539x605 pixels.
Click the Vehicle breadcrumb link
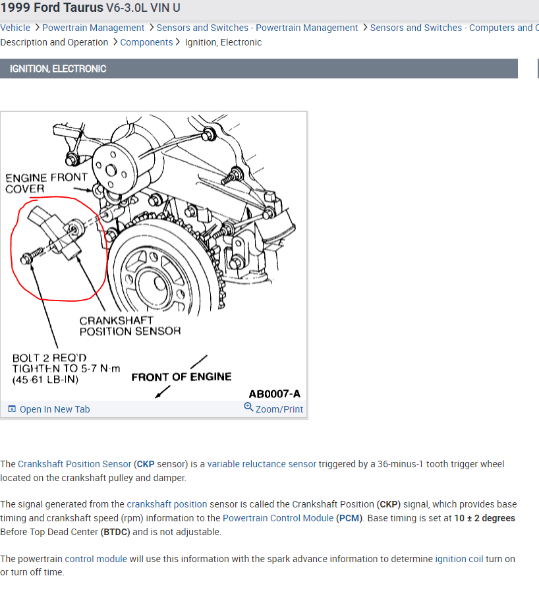point(15,28)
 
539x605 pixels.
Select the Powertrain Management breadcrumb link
point(93,28)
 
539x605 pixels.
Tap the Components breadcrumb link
point(146,42)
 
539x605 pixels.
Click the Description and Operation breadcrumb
point(54,42)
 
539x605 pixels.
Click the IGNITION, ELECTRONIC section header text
point(58,69)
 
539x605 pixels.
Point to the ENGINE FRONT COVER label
point(46,183)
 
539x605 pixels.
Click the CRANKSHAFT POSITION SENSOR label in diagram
point(130,326)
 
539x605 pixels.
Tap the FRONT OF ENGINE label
point(181,377)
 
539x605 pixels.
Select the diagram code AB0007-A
point(274,394)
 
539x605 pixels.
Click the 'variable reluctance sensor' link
point(262,464)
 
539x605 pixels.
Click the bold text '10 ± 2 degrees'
point(484,518)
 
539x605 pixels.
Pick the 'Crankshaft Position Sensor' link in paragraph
point(74,464)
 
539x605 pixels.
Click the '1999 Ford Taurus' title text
point(51,8)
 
